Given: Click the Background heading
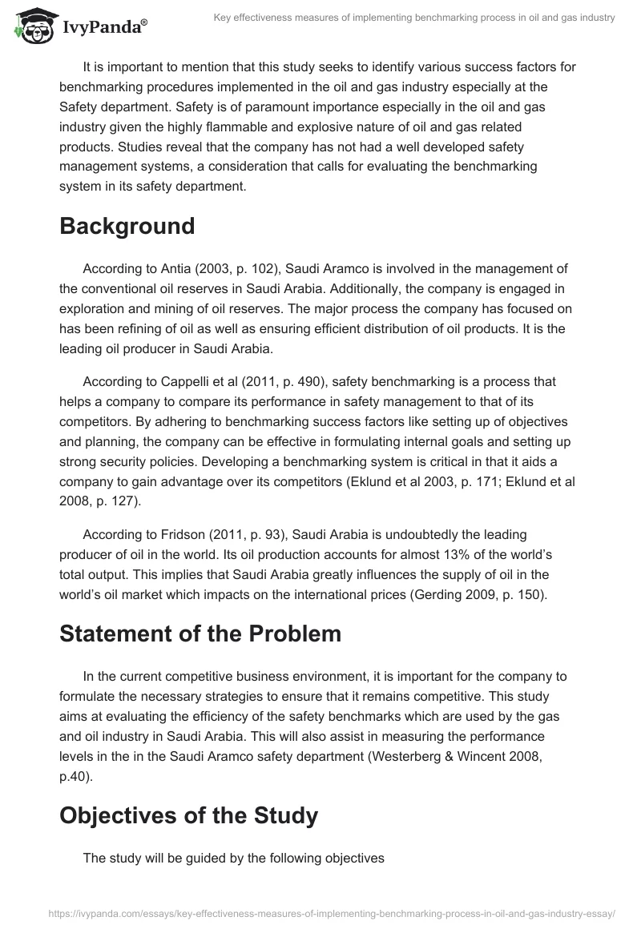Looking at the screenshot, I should pyautogui.click(x=127, y=226).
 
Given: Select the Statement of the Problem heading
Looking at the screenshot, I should pyautogui.click(x=200, y=633).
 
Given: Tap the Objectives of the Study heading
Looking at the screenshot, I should pyautogui.click(x=188, y=816).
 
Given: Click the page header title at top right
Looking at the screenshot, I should pyautogui.click(x=414, y=18).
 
